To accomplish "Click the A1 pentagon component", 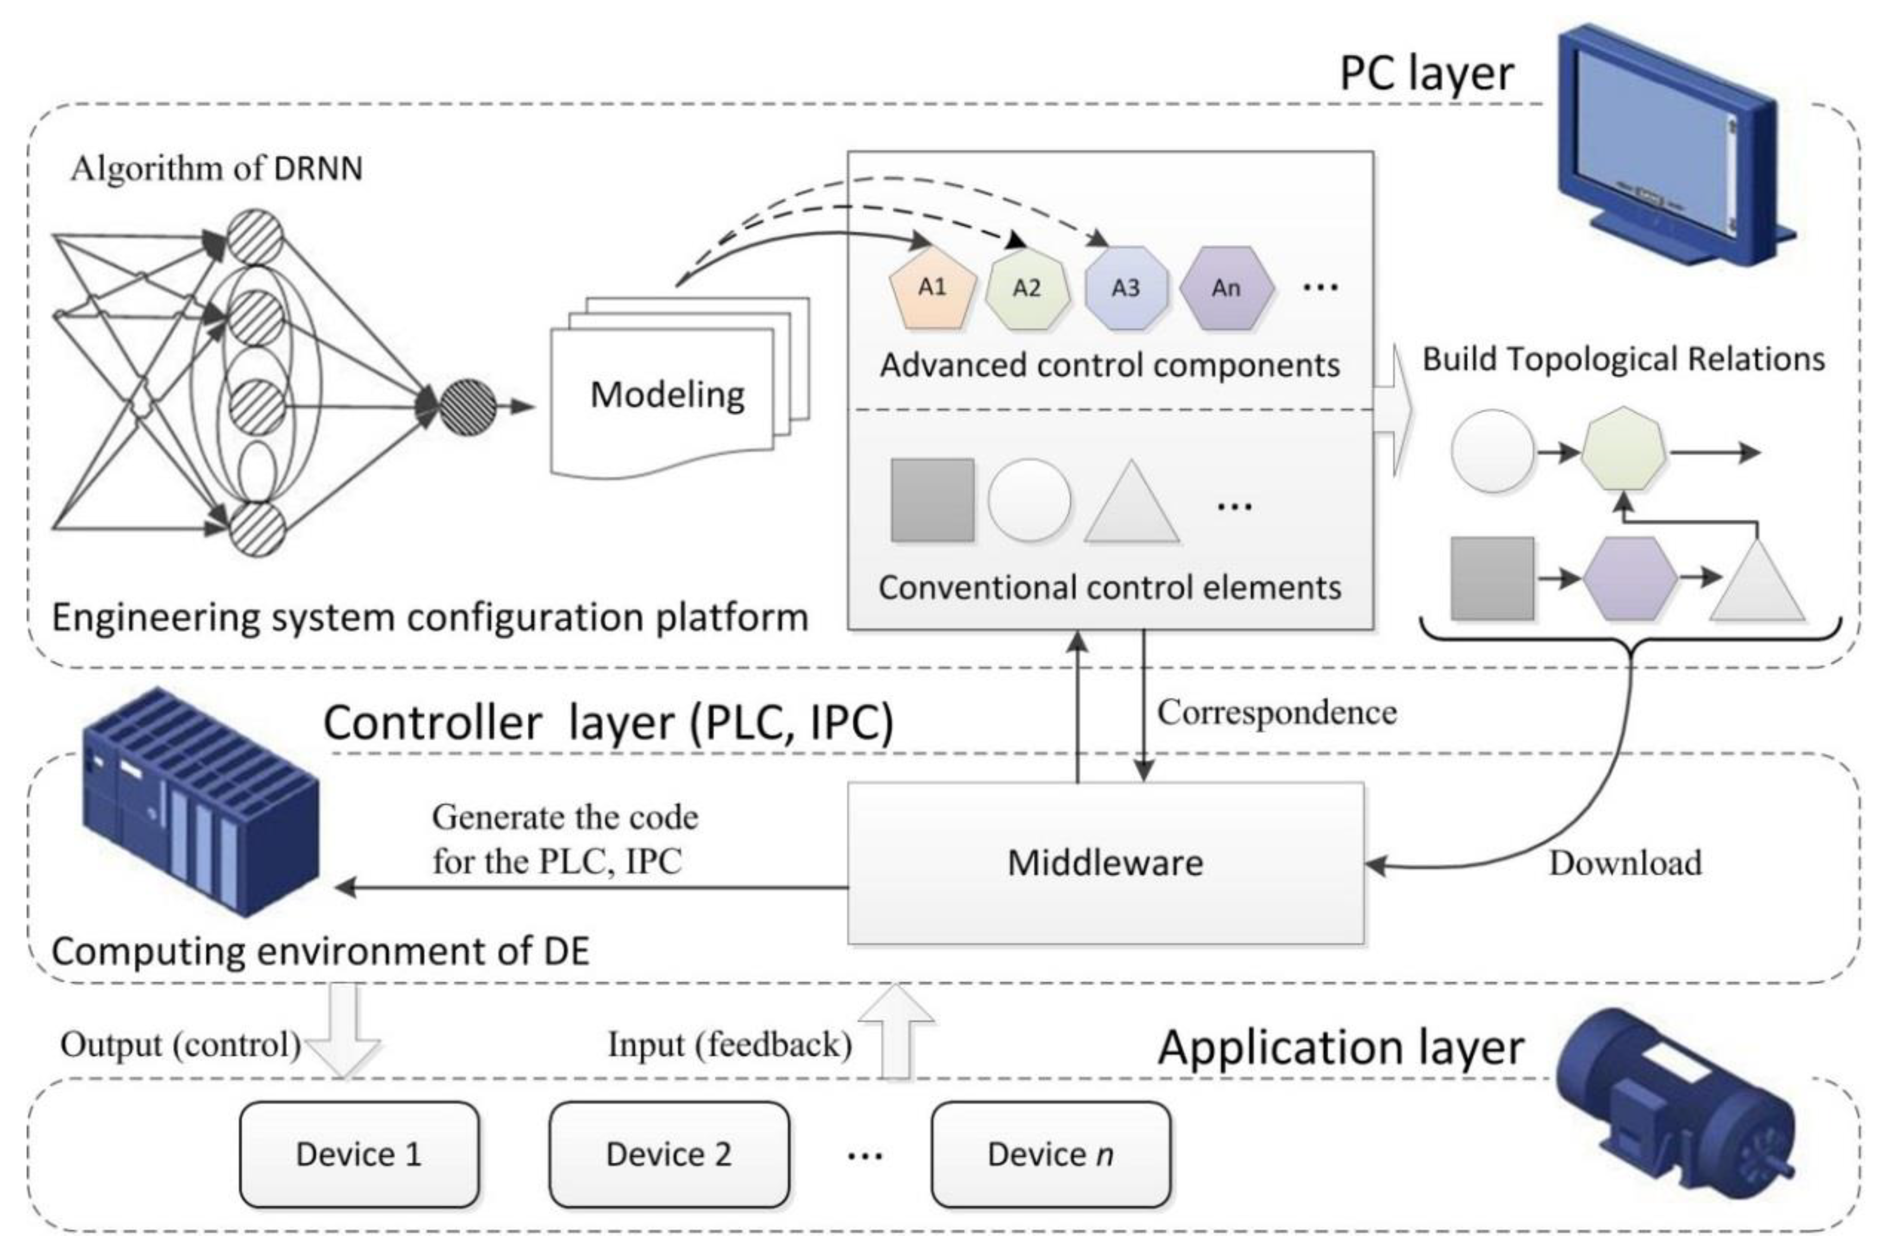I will click(x=933, y=288).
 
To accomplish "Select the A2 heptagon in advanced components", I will click(x=1027, y=288).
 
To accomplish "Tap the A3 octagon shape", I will click(x=1125, y=288).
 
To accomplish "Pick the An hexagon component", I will click(x=1226, y=288).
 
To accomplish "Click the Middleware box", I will click(x=1105, y=863).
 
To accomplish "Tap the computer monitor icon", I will click(x=1666, y=152).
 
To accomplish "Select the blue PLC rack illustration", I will click(x=200, y=801).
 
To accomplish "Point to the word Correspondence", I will click(x=1276, y=712).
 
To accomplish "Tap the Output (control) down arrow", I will click(x=344, y=1033).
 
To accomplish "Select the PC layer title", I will click(x=1427, y=74).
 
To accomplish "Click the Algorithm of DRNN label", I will click(x=216, y=169).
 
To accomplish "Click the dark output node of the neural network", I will click(x=468, y=407).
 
